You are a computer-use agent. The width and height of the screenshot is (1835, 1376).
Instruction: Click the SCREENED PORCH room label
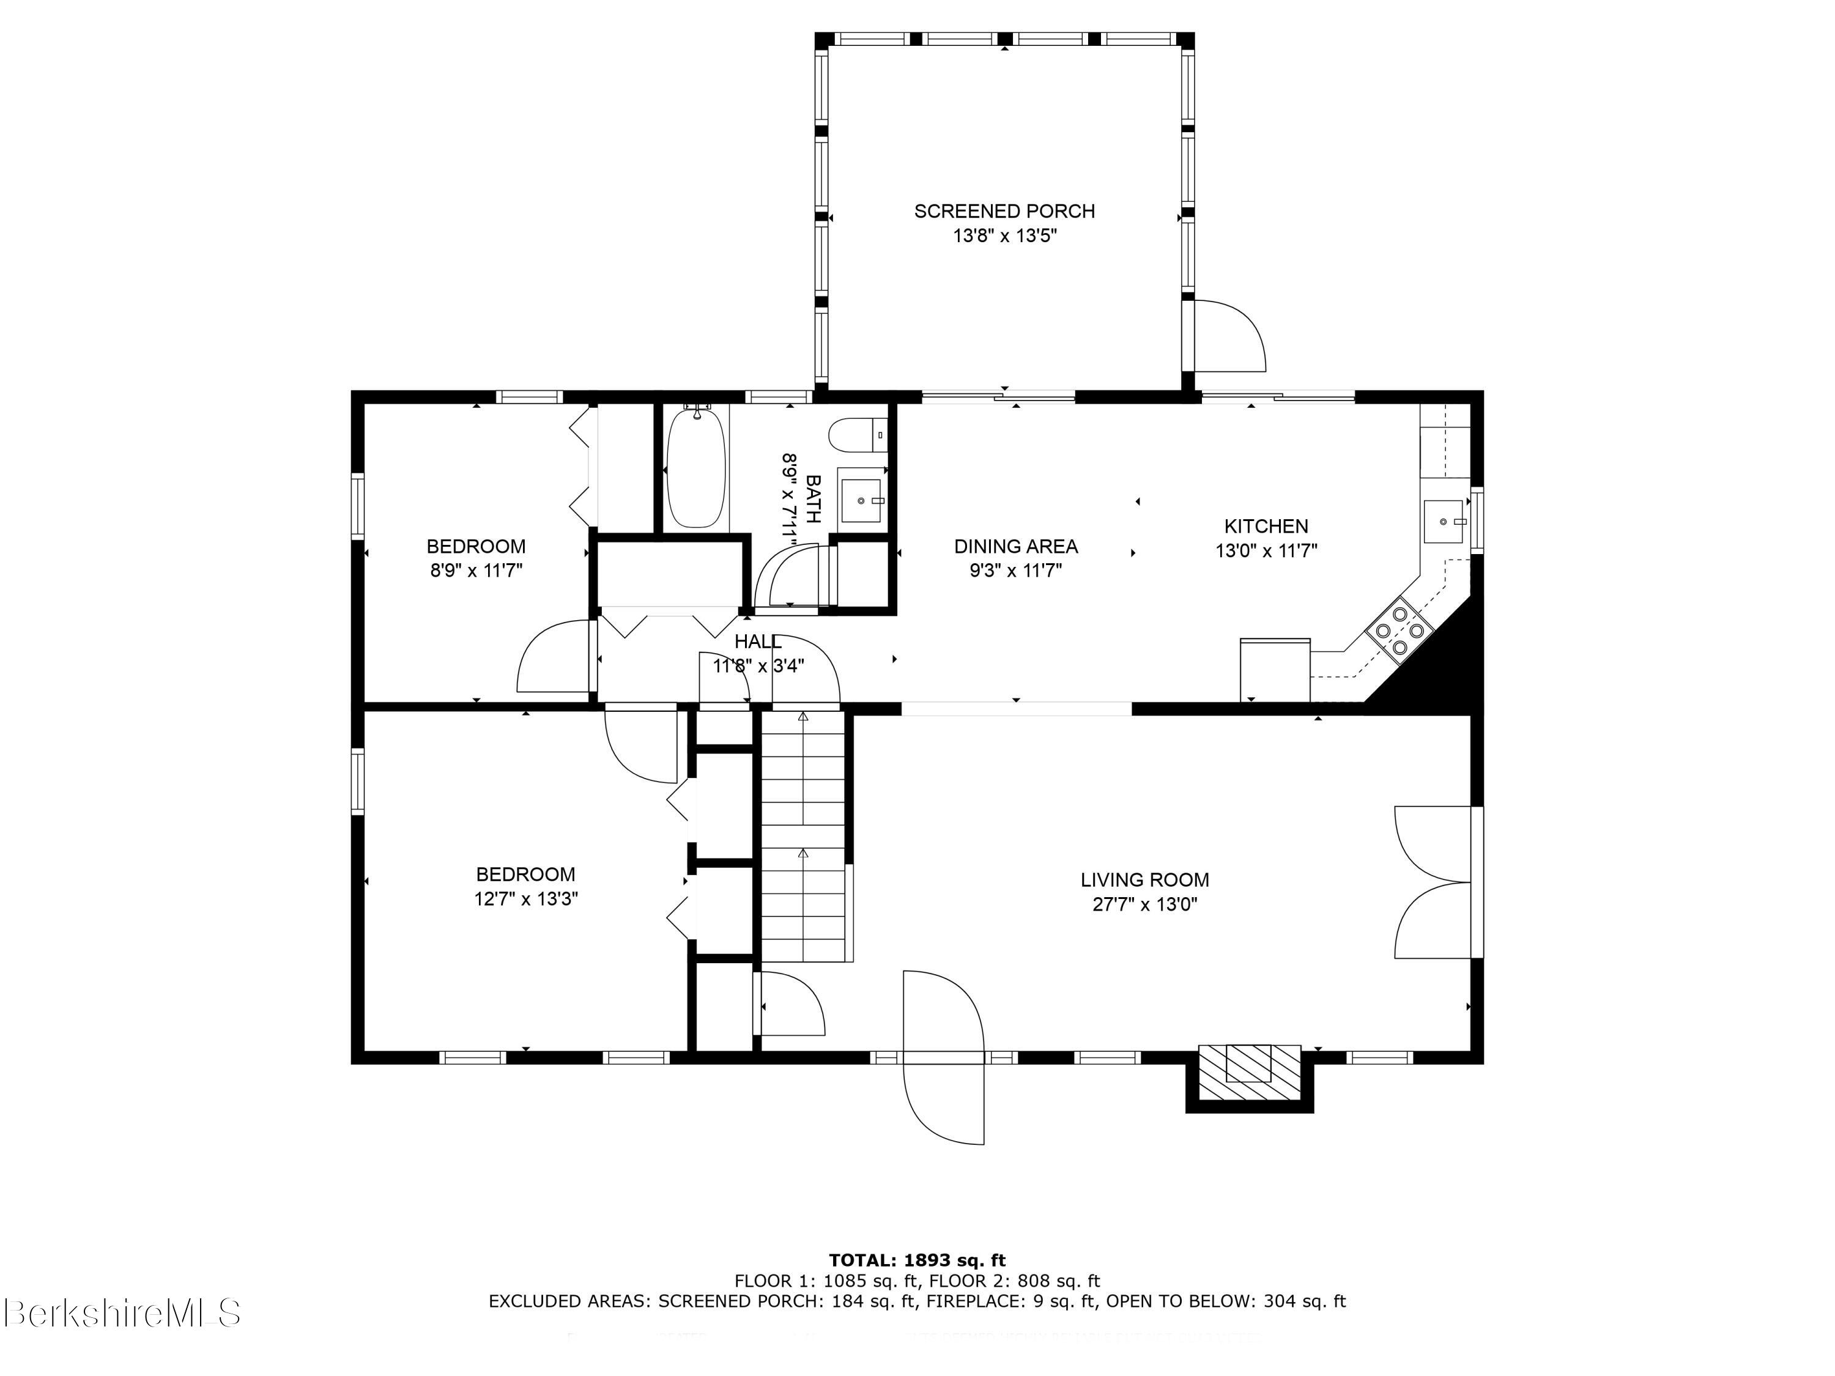click(x=1004, y=212)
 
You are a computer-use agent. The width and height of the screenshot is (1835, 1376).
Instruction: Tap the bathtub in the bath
click(x=696, y=468)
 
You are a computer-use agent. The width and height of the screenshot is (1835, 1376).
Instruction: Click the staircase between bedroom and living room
click(x=803, y=838)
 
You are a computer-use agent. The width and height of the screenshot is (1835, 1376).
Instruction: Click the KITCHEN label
click(x=1266, y=526)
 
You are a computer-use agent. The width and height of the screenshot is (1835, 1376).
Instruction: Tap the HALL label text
click(x=757, y=641)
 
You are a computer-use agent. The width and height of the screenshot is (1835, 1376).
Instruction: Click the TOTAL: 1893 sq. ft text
click(x=917, y=1260)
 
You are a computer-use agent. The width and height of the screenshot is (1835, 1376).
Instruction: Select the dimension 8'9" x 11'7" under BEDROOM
click(x=475, y=571)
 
